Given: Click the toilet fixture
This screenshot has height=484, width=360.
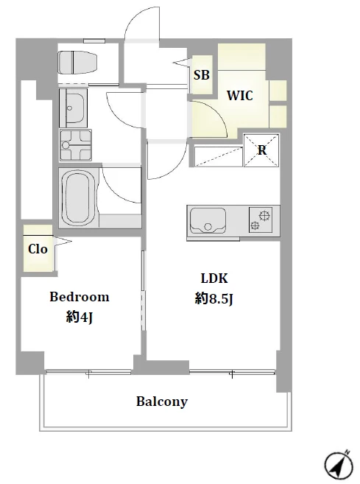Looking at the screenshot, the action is tap(78, 63).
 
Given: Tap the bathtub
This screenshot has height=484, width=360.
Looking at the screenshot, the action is tap(79, 197).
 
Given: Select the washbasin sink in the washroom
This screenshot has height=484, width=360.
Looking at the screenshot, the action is tap(73, 108).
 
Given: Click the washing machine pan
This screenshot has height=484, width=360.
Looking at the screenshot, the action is tap(76, 145).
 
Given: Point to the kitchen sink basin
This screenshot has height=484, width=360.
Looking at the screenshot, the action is tap(208, 221).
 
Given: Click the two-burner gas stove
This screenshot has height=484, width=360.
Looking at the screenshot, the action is tap(261, 220).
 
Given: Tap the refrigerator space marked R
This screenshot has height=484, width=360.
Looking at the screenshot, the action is tap(261, 150).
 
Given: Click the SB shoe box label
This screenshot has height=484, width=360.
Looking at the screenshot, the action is tap(202, 74).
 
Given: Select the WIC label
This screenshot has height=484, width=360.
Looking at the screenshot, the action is tap(240, 95).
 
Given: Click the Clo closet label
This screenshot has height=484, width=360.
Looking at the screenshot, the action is tap(38, 249).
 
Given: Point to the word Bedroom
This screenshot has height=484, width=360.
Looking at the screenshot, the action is tap(80, 297).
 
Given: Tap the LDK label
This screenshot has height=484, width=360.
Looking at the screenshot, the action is tap(214, 278).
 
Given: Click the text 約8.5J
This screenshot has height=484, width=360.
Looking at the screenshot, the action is tap(213, 298).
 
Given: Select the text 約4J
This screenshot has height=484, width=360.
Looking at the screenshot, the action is tap(80, 317).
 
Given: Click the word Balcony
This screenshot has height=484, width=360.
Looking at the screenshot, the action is tap(162, 401).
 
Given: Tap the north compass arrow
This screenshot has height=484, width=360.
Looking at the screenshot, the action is tap(339, 464).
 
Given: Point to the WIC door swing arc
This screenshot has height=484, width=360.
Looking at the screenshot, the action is tap(216, 113).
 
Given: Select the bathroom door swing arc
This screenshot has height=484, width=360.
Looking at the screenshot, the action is tap(116, 192).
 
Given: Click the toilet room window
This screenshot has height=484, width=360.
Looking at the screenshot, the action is tap(94, 41).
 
